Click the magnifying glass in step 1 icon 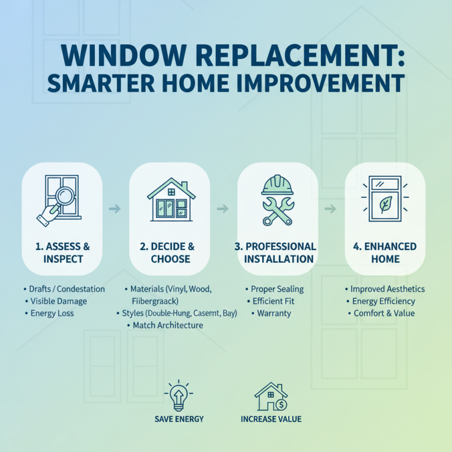pos(66,199)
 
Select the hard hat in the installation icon pos(277,185)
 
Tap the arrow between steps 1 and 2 pos(115,209)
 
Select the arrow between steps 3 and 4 pos(331,209)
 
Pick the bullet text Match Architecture pos(168,325)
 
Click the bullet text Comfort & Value pos(384,313)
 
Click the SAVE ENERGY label pos(179,419)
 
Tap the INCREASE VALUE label pos(271,419)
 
